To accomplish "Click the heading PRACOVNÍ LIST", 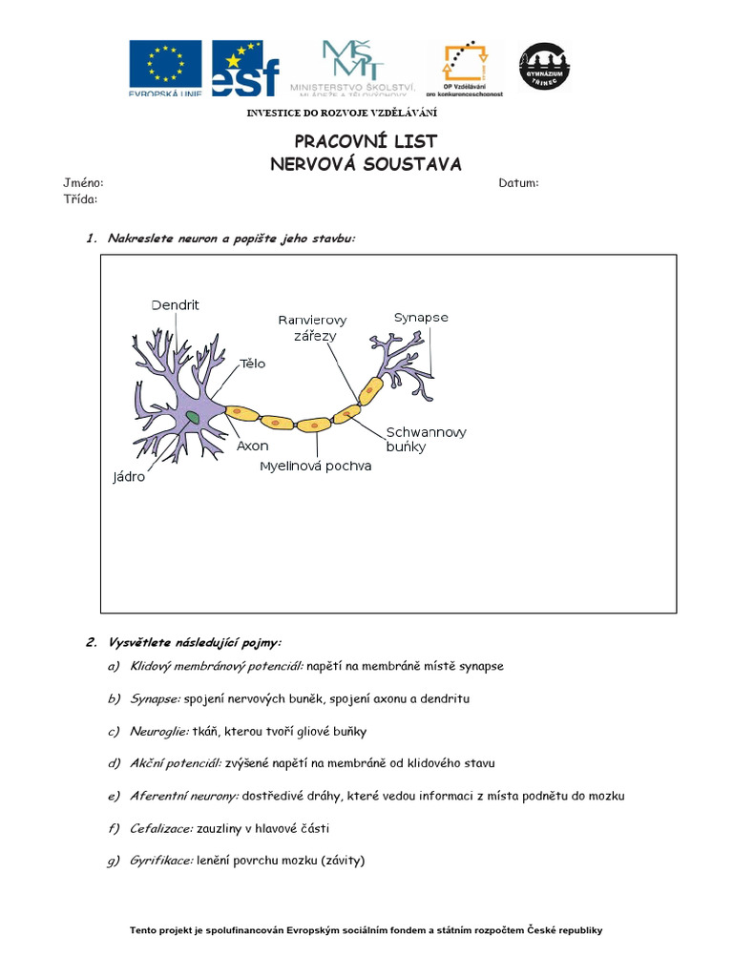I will point(366,142).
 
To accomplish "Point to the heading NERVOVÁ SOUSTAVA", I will point(366,164).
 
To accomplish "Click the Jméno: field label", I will point(83,183).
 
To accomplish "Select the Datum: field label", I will point(518,183).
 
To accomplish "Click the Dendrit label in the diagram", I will point(176,304).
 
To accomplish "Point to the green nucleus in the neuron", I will point(193,416).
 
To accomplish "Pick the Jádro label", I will point(129,476).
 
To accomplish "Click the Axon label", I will point(252,446).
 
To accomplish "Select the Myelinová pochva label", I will point(316,467).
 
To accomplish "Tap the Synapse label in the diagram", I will point(421,318).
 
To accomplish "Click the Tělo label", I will point(252,364).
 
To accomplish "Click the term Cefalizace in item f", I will point(161,828).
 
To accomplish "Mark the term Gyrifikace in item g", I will point(161,861).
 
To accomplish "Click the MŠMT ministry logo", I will point(352,67).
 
